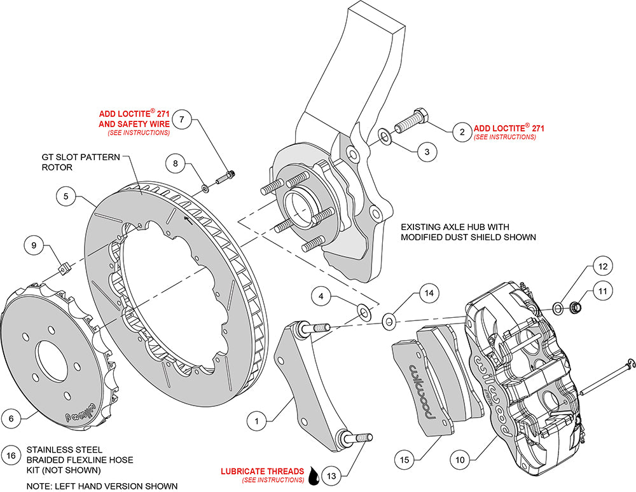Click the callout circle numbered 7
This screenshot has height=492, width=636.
click(x=182, y=119)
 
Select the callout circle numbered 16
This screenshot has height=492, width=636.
click(x=11, y=456)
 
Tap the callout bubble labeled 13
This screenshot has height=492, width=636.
click(x=331, y=475)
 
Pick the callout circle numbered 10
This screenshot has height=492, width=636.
click(x=460, y=460)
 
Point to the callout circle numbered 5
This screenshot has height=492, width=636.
click(x=66, y=197)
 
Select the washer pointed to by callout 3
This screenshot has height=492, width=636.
click(x=384, y=136)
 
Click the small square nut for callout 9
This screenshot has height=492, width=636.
click(x=66, y=268)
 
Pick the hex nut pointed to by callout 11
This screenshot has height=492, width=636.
click(x=574, y=308)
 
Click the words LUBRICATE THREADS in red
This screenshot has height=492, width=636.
click(x=262, y=471)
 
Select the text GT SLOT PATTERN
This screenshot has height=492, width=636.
click(x=81, y=157)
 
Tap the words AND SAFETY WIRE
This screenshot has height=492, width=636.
click(x=134, y=124)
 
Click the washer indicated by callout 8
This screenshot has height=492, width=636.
click(x=205, y=188)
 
